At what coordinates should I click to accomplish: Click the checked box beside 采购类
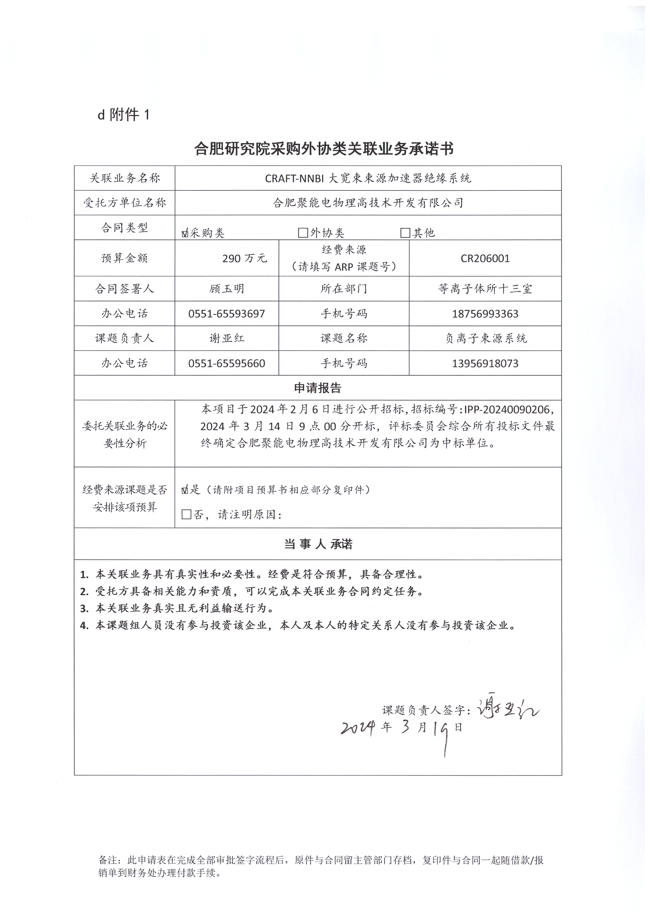[x=185, y=233]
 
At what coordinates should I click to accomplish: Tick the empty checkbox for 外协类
[x=303, y=233]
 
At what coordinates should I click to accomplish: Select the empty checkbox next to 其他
[x=405, y=233]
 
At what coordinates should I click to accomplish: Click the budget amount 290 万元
[x=244, y=259]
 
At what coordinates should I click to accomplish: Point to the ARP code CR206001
[x=485, y=259]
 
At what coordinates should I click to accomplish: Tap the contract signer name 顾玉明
[x=226, y=289]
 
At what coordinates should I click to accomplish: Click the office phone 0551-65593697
[x=226, y=314]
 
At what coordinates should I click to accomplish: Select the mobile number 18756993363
[x=485, y=314]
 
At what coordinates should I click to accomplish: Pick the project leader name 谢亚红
[x=226, y=338]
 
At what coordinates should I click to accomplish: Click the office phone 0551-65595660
[x=226, y=364]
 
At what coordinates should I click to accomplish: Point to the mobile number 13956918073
[x=485, y=364]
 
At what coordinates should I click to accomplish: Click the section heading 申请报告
[x=318, y=388]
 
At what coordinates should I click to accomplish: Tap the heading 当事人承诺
[x=318, y=544]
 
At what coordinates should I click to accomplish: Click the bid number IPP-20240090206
[x=509, y=410]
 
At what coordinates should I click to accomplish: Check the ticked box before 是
[x=185, y=490]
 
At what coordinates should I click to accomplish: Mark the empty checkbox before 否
[x=186, y=515]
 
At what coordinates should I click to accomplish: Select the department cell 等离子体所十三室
[x=485, y=289]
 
